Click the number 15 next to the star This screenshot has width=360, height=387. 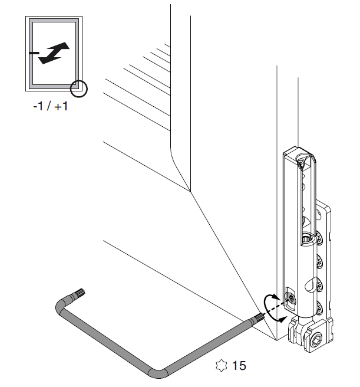(x=239, y=366)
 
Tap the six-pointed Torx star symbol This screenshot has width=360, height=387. (x=221, y=366)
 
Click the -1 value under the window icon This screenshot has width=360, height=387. (x=38, y=106)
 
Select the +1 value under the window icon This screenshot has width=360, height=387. (x=61, y=106)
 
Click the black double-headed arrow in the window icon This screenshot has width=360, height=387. (x=54, y=53)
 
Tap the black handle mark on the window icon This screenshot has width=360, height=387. (x=34, y=53)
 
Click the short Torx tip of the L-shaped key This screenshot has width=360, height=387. (x=80, y=293)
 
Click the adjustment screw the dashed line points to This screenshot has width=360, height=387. (x=291, y=299)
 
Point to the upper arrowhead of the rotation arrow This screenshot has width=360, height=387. (x=276, y=297)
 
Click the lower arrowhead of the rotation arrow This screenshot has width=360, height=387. (x=283, y=319)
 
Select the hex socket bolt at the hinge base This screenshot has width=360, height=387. (x=316, y=341)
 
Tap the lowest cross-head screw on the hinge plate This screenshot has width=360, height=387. (x=319, y=308)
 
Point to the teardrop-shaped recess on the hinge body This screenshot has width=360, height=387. (x=310, y=284)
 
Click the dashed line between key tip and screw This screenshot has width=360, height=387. (x=275, y=308)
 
